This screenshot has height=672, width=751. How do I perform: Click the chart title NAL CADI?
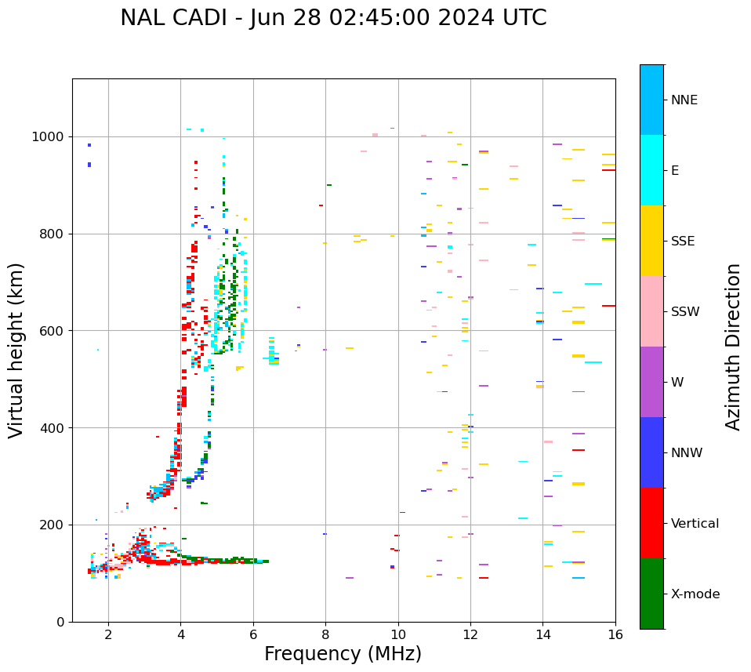coord(169,18)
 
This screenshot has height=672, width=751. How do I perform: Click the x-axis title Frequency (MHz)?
coord(343,654)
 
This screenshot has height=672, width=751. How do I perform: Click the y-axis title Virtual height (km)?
coord(16,351)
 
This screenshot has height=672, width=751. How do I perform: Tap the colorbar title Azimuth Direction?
coord(733,347)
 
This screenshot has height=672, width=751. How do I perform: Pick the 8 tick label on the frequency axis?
coord(325,634)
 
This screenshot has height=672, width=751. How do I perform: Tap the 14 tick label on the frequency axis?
coord(542,634)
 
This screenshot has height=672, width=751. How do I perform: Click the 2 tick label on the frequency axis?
coord(108,634)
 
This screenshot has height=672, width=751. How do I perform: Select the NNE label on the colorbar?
coord(684,100)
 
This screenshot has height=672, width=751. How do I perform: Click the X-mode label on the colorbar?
coord(695,594)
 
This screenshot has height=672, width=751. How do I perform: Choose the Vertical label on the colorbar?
coord(695,524)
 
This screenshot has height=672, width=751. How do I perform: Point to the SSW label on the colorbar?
coord(685,312)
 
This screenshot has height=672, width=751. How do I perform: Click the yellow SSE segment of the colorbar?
coord(651,241)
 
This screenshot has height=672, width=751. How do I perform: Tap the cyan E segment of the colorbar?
coord(651,170)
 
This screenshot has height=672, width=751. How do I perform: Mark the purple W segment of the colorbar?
coord(651,382)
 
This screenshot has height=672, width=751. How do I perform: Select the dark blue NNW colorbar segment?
coord(651,452)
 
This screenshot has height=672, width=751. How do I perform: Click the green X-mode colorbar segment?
coord(651,594)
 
